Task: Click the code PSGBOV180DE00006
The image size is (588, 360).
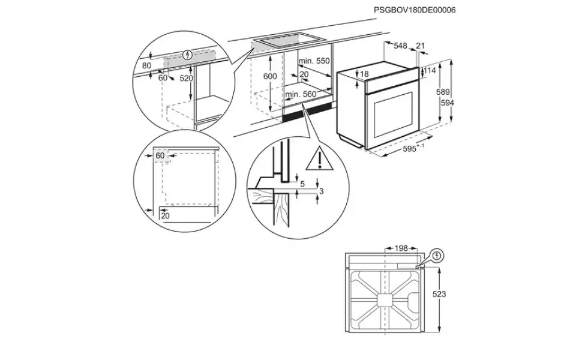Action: [415, 10]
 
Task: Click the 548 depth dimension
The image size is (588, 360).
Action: [400, 46]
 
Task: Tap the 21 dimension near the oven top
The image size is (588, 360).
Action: [421, 46]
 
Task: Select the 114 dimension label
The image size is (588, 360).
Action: [430, 70]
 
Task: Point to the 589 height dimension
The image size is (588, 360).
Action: [443, 92]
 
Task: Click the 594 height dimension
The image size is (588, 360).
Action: [447, 103]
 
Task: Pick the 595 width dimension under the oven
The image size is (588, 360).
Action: [410, 149]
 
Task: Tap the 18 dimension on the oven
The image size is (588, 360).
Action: [365, 74]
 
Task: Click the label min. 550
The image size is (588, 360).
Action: [314, 61]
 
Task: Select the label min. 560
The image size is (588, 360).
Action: [301, 94]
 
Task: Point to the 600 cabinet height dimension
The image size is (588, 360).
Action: [269, 76]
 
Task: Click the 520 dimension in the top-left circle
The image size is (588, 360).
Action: [187, 78]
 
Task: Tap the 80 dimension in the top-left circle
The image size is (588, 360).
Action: [146, 65]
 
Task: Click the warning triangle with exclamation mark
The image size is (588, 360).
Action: [319, 159]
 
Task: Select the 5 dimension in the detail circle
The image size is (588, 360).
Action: [303, 184]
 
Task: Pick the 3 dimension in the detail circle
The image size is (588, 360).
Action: [320, 191]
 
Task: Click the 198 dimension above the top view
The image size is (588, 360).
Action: [401, 248]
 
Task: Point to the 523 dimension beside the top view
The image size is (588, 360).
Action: [439, 294]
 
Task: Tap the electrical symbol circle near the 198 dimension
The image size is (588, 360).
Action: [437, 256]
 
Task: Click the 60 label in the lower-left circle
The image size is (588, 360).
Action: [160, 155]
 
